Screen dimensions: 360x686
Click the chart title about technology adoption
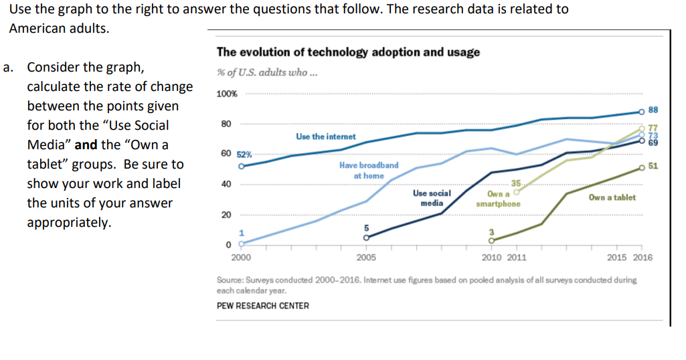pos(348,52)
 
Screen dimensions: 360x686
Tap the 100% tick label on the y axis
pos(226,94)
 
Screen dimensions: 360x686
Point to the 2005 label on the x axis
pos(366,257)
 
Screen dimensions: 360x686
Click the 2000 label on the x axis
pos(241,257)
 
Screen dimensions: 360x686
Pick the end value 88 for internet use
pos(654,110)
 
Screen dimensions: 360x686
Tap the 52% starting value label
pos(244,154)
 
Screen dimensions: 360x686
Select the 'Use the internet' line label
pos(325,137)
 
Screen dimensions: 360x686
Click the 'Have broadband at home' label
pos(369,170)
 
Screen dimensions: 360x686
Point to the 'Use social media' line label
pos(432,197)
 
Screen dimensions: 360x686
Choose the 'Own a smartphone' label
pos(499,199)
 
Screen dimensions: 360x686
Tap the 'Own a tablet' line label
pos(612,197)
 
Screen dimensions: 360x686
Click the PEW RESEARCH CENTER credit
pos(263,306)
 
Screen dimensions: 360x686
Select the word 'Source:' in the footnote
pos(232,280)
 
